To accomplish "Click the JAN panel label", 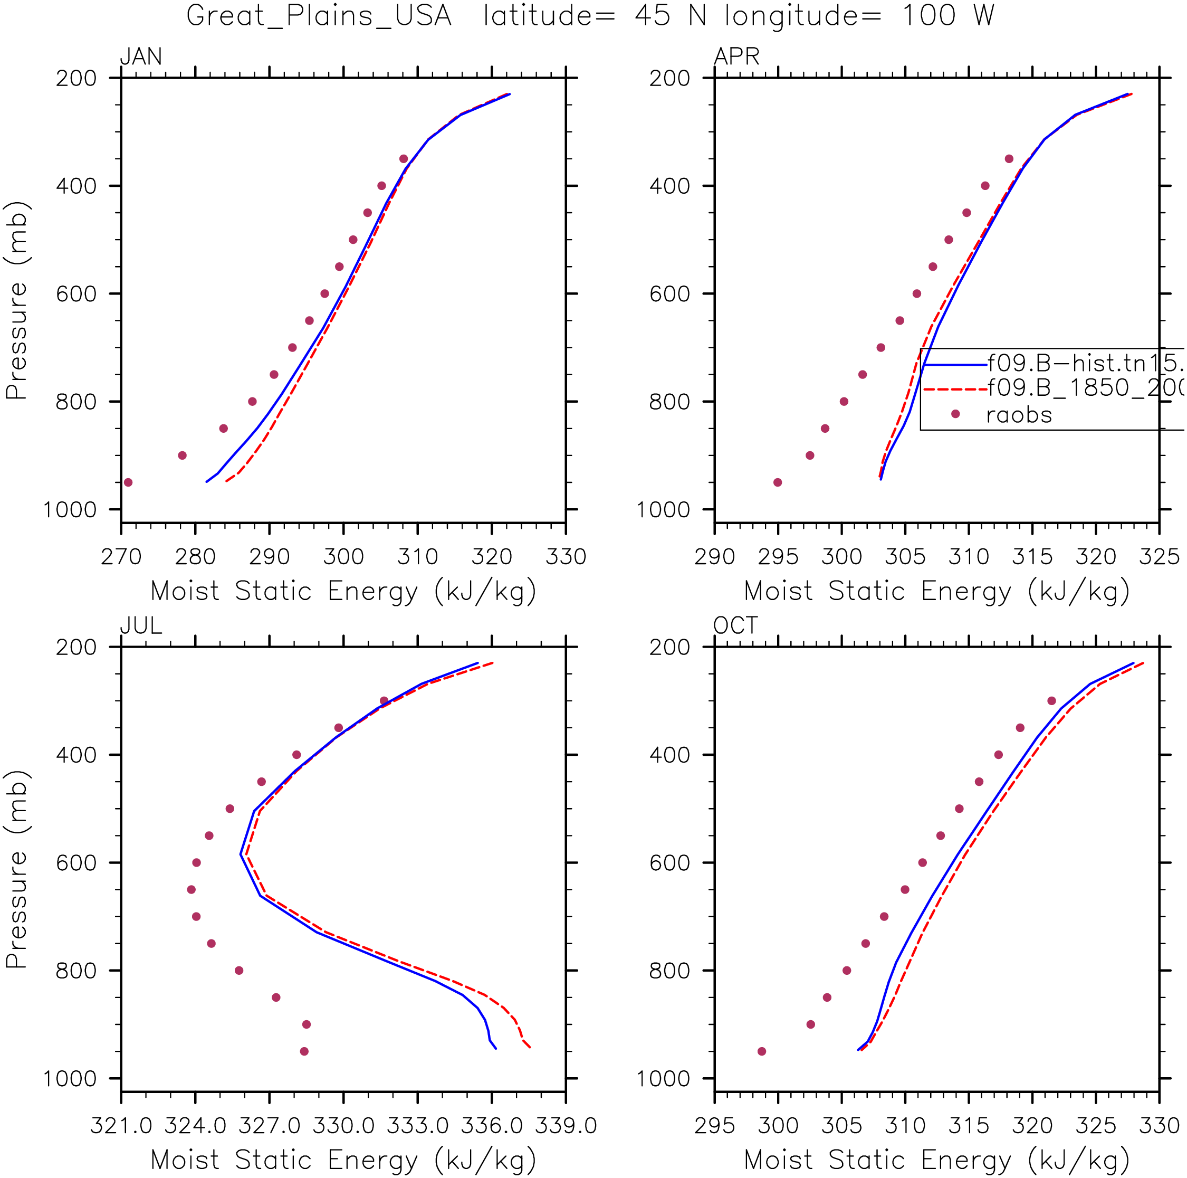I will pos(141,56).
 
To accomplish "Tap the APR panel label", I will pos(736,56).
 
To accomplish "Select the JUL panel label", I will pos(141,625).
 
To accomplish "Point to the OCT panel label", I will pos(735,625).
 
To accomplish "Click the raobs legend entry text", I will pos(1019,415).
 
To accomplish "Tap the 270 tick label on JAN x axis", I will pos(121,557).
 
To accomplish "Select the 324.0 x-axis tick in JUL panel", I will pos(195,1126).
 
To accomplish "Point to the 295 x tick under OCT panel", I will pos(714,1126).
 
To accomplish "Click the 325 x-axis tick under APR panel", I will pos(1159,557).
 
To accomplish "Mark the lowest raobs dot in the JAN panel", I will pos(128,482).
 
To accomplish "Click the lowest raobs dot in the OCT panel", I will pos(762,1051).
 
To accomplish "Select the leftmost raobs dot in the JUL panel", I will pos(191,889).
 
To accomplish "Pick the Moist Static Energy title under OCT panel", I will pos(936,1160).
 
